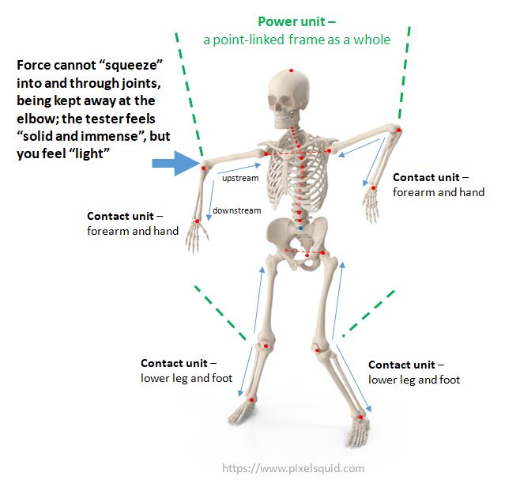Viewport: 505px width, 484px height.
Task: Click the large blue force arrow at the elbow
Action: pyautogui.click(x=175, y=164)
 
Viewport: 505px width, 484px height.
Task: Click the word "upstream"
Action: pyautogui.click(x=239, y=179)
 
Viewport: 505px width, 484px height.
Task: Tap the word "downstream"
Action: pyautogui.click(x=236, y=210)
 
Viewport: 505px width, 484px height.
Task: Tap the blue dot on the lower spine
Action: pyautogui.click(x=300, y=228)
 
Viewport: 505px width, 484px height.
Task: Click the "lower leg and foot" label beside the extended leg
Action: pyautogui.click(x=414, y=380)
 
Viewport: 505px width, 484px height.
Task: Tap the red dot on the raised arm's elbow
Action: pyautogui.click(x=400, y=131)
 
